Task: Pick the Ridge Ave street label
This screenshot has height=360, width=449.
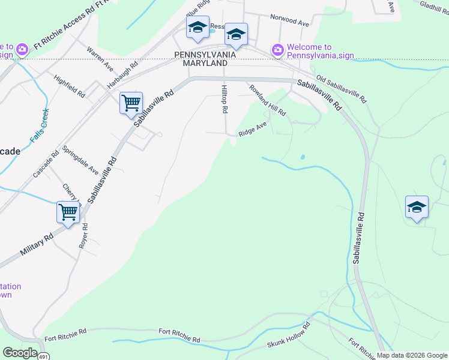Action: coord(252,129)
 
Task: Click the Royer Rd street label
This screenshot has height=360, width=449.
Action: coord(84,236)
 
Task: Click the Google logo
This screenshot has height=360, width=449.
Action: coord(20,352)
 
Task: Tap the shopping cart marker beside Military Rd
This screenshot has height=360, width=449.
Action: coord(68,211)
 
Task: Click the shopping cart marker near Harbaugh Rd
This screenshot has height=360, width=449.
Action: coord(130,103)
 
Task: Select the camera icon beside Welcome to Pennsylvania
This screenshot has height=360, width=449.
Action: coord(277,50)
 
